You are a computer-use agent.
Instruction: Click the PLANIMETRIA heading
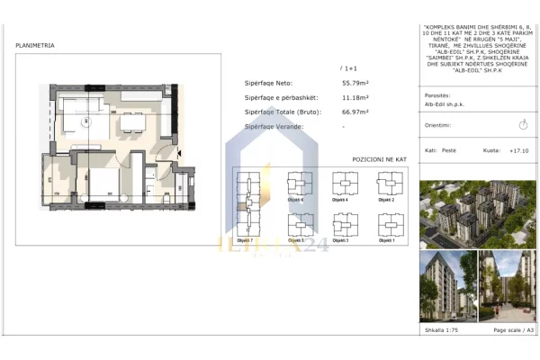pos(34,44)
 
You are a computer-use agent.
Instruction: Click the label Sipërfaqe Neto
pos(270,83)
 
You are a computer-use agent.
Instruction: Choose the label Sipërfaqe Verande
pos(274,126)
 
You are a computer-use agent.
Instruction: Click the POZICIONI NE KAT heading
pos(380,158)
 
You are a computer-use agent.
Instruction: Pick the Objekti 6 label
pos(297,200)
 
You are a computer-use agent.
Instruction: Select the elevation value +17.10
pos(520,151)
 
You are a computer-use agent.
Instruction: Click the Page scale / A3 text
pos(514,330)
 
